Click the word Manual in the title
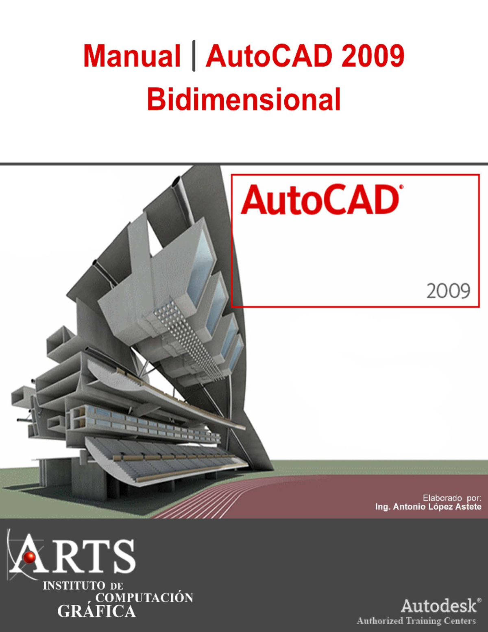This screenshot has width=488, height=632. click(132, 56)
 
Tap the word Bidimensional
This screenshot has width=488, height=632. click(244, 100)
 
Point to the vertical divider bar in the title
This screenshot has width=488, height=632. click(194, 56)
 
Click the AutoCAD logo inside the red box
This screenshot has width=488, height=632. click(320, 200)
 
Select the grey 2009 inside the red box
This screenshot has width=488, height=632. click(448, 291)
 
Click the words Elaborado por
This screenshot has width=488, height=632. click(452, 498)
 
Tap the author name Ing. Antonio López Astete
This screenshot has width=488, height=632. click(428, 507)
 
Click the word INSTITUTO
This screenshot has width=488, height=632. click(74, 586)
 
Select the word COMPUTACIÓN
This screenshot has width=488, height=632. click(144, 598)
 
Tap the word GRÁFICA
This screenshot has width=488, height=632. click(96, 611)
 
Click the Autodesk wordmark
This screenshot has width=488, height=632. click(438, 606)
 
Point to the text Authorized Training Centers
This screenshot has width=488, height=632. click(416, 621)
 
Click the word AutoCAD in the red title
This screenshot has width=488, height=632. click(269, 56)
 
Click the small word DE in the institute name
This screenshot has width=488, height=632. click(117, 586)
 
